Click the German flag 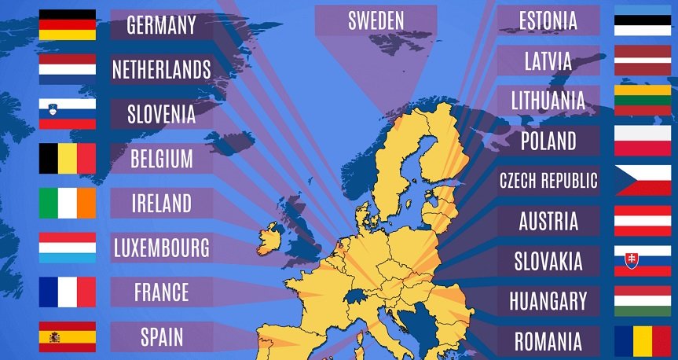point(67,24)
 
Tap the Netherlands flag point(67,69)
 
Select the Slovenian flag point(67,114)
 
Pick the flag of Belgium point(67,159)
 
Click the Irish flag point(67,203)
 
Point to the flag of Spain point(67,336)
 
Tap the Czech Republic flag point(643,181)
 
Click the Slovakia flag point(643,260)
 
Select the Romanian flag point(643,342)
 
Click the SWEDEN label point(376,21)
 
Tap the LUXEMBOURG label point(162,248)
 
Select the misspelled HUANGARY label point(548,301)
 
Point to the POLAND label point(548,141)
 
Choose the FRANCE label point(162,292)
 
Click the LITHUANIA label point(548,101)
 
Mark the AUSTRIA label point(548,221)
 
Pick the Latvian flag point(643,61)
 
